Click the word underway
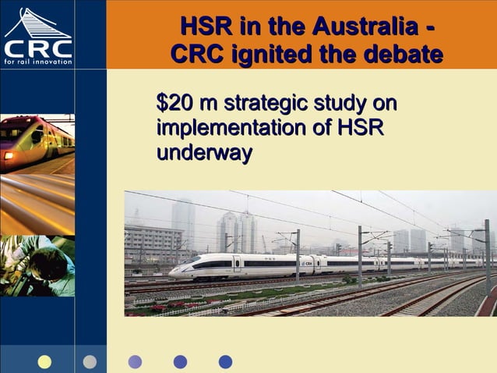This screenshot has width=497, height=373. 204,152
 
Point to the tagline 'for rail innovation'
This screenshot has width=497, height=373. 37,62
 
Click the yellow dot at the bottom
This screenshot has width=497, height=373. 44,361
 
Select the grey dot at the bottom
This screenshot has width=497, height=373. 90,361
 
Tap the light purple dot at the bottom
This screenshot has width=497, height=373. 135,361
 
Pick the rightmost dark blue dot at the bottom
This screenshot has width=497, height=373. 225,361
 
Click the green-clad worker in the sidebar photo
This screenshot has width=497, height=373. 31,265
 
